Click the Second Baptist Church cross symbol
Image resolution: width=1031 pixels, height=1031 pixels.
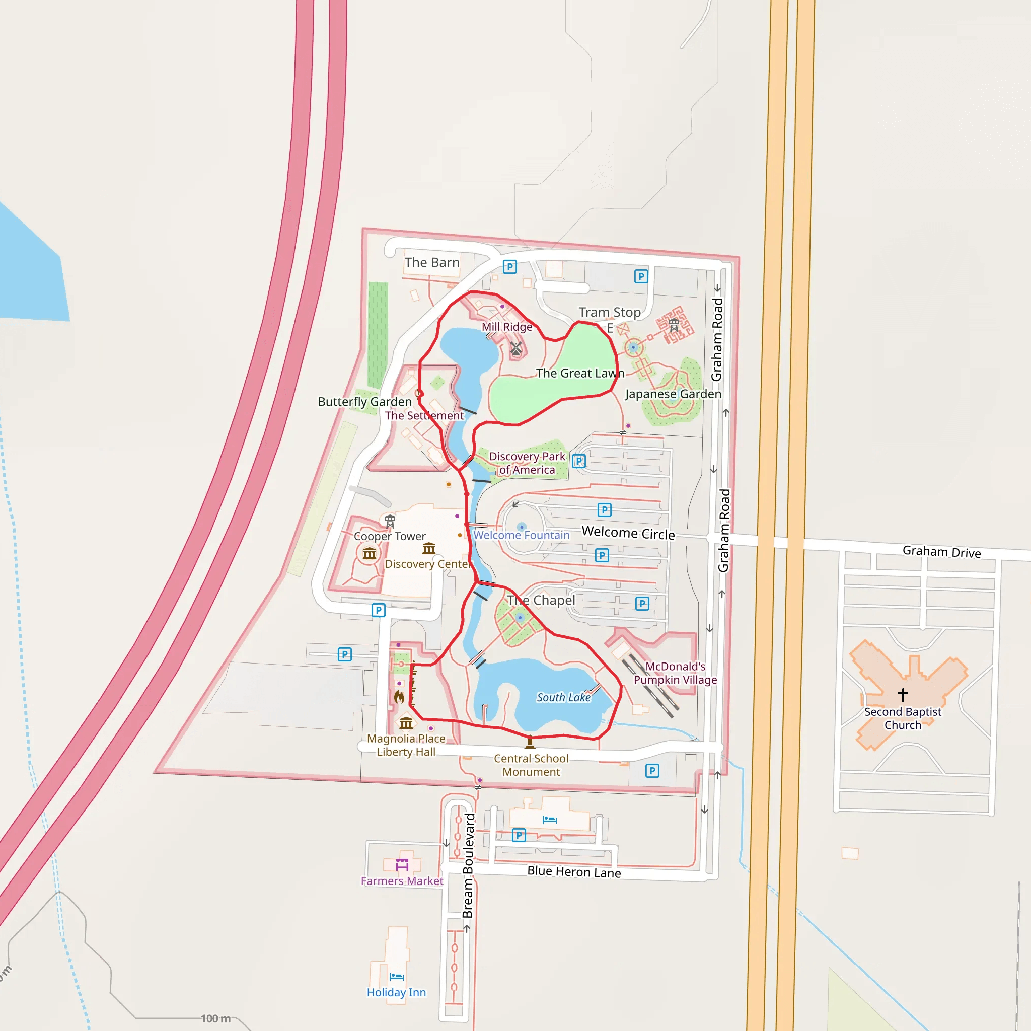(x=903, y=695)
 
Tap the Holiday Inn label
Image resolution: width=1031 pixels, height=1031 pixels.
(x=396, y=992)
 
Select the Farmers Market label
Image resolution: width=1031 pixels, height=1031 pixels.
(x=402, y=881)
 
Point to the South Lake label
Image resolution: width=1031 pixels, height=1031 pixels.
(x=563, y=697)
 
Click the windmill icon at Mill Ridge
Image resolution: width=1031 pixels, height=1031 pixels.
(x=515, y=349)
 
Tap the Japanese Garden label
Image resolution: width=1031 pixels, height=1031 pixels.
(x=673, y=394)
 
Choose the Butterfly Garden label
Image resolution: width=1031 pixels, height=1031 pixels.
(x=364, y=401)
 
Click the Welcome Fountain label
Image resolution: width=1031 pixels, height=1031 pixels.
(x=522, y=535)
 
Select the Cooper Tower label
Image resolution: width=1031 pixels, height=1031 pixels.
(x=390, y=536)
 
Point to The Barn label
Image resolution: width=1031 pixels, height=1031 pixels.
(x=432, y=263)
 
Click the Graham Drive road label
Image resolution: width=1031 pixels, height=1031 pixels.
(x=941, y=552)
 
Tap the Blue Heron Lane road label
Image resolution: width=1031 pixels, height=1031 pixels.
(x=574, y=872)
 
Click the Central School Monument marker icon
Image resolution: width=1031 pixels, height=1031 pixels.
(x=530, y=742)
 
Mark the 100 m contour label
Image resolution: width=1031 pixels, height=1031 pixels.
(x=216, y=1019)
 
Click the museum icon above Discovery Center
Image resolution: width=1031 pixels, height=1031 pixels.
(x=428, y=549)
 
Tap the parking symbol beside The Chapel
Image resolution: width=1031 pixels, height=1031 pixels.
(x=642, y=604)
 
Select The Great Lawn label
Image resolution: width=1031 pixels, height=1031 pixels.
(x=580, y=373)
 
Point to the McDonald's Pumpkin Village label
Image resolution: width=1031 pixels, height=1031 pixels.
(x=675, y=673)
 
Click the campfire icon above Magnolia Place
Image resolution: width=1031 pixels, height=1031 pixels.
(x=399, y=697)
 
